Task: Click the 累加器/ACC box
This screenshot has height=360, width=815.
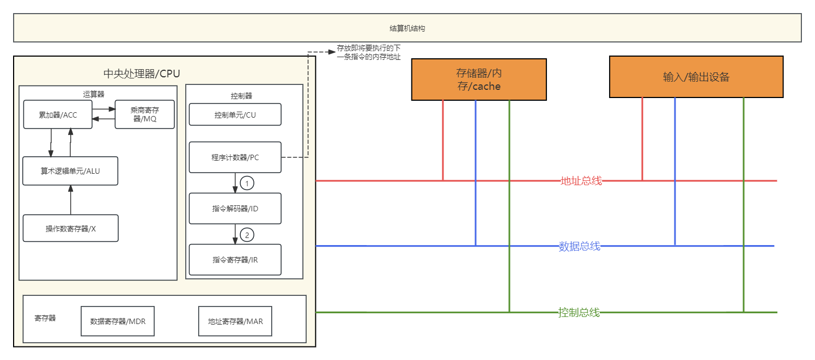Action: (x=58, y=114)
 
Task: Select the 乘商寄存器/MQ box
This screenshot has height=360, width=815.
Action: (x=144, y=114)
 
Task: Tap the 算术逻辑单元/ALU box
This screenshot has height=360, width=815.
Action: (x=70, y=170)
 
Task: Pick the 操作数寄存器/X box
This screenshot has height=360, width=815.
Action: (x=70, y=228)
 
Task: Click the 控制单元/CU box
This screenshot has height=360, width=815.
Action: (x=235, y=115)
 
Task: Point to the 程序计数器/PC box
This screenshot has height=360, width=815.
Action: (x=235, y=157)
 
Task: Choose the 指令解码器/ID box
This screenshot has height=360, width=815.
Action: (x=235, y=208)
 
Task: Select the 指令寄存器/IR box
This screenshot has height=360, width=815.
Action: (x=235, y=259)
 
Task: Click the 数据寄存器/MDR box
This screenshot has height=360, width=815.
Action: (x=121, y=321)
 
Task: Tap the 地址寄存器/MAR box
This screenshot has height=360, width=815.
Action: (x=235, y=321)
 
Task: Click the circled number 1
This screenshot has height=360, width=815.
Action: (x=247, y=184)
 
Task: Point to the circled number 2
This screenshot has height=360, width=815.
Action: (x=247, y=235)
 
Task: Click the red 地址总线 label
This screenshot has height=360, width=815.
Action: (x=581, y=181)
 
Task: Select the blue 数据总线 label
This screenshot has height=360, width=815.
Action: (x=580, y=246)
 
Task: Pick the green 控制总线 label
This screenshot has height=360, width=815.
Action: (x=579, y=313)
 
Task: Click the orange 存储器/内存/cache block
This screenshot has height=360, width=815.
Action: (x=478, y=80)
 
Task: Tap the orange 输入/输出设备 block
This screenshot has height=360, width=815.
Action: (x=696, y=77)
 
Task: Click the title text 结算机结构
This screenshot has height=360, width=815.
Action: (x=407, y=28)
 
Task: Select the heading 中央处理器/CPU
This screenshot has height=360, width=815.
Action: (x=141, y=74)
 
